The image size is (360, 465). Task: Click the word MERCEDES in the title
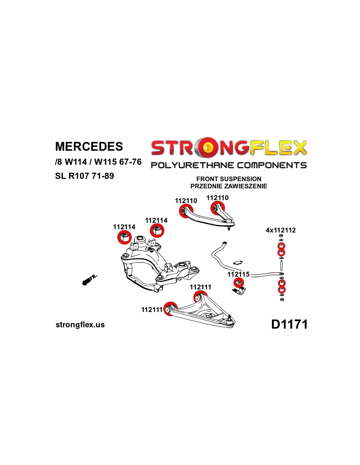(x=89, y=146)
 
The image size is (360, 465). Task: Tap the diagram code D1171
(x=289, y=324)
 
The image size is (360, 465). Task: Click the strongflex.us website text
(x=80, y=325)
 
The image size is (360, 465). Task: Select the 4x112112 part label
(x=280, y=230)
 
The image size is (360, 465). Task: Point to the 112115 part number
(x=238, y=274)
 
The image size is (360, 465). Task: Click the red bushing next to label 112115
(x=239, y=283)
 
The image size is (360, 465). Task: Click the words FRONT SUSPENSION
(x=229, y=179)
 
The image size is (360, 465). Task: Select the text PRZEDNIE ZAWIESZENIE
(x=229, y=186)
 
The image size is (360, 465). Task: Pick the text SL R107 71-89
(x=84, y=176)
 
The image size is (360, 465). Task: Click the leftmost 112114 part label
(x=124, y=227)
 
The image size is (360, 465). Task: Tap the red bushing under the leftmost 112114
(x=124, y=237)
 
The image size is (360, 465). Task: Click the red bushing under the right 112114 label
(x=157, y=231)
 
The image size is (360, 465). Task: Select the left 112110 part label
(x=186, y=201)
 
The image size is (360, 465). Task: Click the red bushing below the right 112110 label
(x=217, y=207)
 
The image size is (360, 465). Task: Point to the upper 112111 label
(x=200, y=287)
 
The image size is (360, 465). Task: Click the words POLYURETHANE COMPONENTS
(x=229, y=165)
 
